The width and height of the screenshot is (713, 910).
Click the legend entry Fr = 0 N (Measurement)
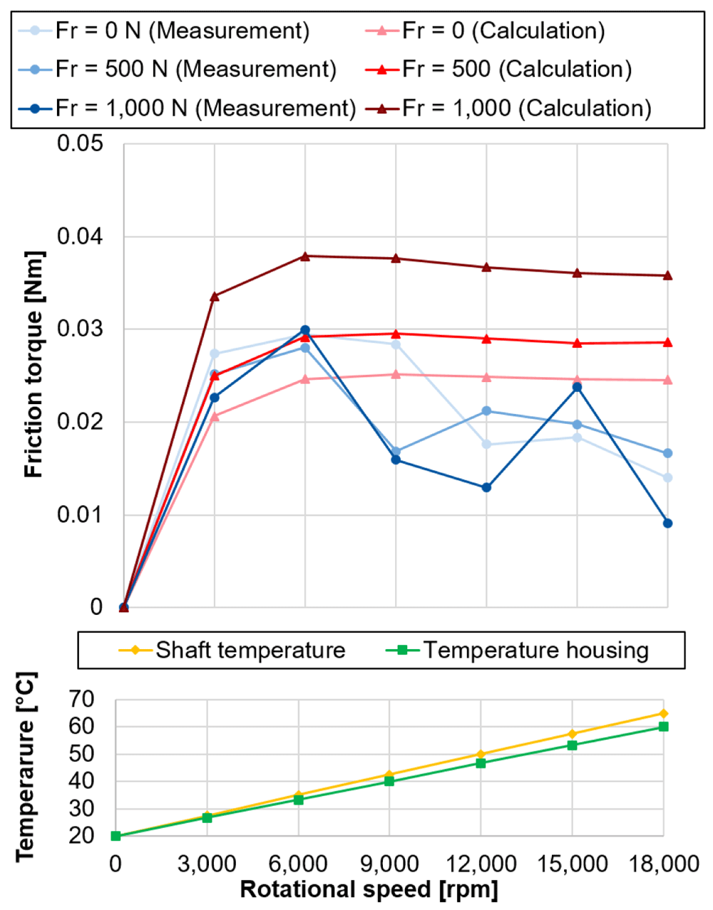click(164, 31)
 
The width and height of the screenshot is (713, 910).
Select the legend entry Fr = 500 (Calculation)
click(498, 69)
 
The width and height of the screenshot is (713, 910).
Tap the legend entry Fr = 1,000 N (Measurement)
click(188, 108)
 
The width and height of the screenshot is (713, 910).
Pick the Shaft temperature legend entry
click(232, 651)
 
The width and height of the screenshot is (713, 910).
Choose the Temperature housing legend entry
click(517, 651)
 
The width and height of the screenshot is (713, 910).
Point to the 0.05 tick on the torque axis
click(80, 144)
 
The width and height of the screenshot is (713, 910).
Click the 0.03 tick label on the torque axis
click(80, 329)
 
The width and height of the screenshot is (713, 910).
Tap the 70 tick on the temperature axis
click(82, 699)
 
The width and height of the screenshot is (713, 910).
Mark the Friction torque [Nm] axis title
click(34, 364)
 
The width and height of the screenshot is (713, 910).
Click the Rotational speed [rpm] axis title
click(369, 889)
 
